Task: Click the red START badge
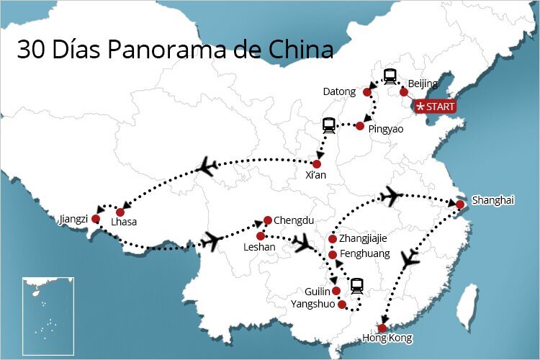pos(435,107)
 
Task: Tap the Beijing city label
pos(423,84)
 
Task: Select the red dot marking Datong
pos(366,92)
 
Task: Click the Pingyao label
pos(386,129)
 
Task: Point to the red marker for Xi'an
pos(317,164)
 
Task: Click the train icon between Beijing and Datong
pos(390,75)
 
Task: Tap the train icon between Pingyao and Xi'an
pos(329,126)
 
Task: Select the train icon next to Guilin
pos(356,286)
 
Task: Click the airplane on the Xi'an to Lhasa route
pos(207,168)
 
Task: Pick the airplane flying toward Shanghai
pos(391,195)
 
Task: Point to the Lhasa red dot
pos(120,212)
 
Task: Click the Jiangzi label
pos(74,218)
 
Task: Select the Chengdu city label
pos(294,220)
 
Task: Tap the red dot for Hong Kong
pos(382,328)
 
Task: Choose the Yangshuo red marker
pos(343,305)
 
